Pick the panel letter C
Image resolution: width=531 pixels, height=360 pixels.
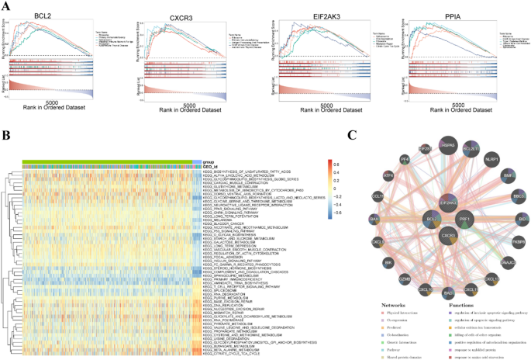(x=352, y=133)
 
